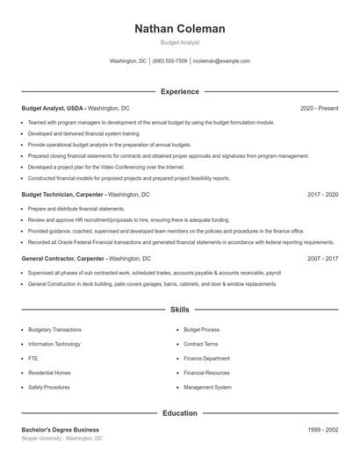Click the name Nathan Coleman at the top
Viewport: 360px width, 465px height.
pyautogui.click(x=180, y=28)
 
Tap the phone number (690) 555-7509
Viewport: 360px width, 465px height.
pyautogui.click(x=169, y=61)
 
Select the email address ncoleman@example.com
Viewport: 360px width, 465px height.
pyautogui.click(x=221, y=61)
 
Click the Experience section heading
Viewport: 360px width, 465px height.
pyautogui.click(x=180, y=91)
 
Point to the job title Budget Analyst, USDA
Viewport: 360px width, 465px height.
pyautogui.click(x=53, y=108)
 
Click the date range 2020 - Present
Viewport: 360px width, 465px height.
pyautogui.click(x=319, y=108)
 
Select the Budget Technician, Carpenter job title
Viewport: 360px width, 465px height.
pyautogui.click(x=62, y=194)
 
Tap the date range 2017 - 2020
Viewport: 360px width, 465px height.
pyautogui.click(x=322, y=194)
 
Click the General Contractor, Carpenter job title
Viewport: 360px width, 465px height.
pyautogui.click(x=63, y=259)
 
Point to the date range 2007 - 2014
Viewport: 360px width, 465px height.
pyautogui.click(x=322, y=259)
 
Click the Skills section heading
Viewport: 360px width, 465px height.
pyautogui.click(x=180, y=310)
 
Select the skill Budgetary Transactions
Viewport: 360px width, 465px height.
pyautogui.click(x=54, y=330)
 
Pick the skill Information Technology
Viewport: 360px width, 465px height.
pyautogui.click(x=55, y=344)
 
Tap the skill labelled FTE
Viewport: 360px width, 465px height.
pyautogui.click(x=33, y=358)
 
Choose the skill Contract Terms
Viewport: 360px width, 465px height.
pyautogui.click(x=201, y=344)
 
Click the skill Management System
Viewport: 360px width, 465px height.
pyautogui.click(x=208, y=387)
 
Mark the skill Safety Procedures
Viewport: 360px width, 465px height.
pyautogui.click(x=48, y=387)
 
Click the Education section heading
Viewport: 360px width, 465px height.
pyautogui.click(x=180, y=412)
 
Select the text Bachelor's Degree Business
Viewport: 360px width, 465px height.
pyautogui.click(x=60, y=430)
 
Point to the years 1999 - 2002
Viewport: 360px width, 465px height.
pyautogui.click(x=322, y=430)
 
